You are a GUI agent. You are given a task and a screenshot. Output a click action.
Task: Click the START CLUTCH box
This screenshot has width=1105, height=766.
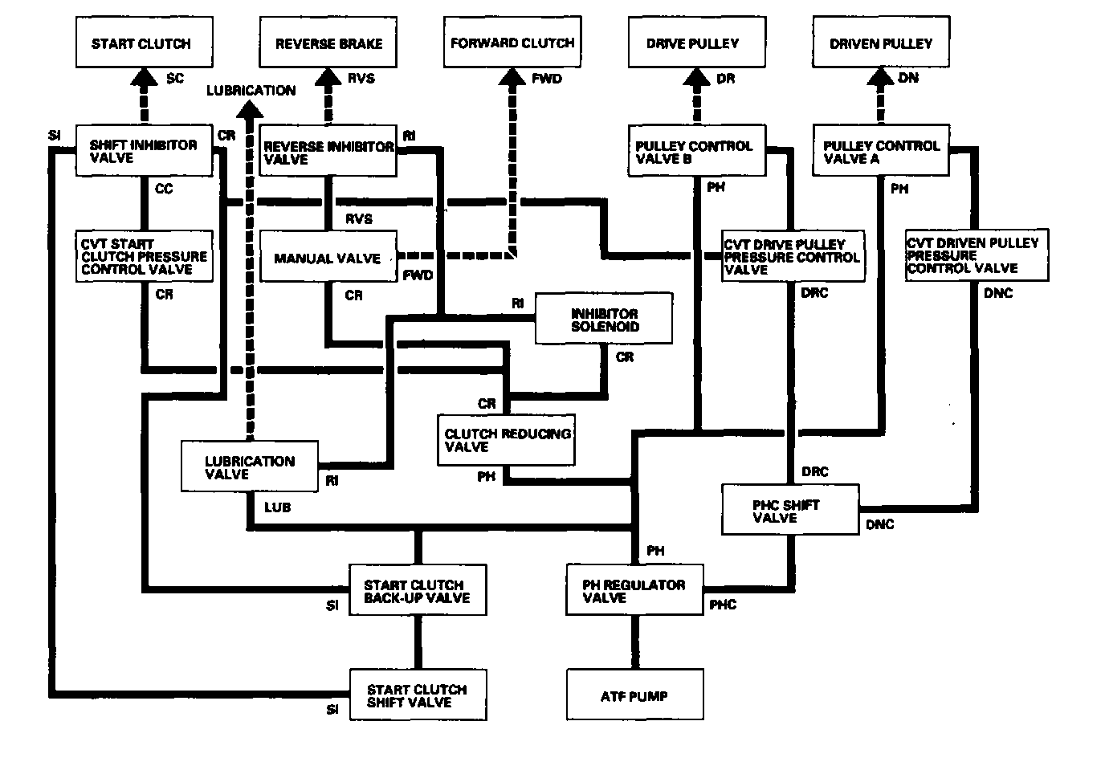(x=144, y=42)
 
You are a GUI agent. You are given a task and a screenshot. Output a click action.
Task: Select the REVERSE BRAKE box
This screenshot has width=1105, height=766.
(x=328, y=42)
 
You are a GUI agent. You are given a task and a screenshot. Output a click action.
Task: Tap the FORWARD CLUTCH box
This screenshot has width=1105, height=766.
(x=512, y=42)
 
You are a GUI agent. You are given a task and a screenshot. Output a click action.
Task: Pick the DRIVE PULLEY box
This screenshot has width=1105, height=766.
(x=696, y=42)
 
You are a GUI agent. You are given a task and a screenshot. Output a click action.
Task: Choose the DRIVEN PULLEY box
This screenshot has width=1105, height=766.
(x=881, y=42)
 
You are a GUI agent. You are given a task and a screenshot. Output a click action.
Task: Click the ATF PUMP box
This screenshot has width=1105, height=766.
(x=635, y=695)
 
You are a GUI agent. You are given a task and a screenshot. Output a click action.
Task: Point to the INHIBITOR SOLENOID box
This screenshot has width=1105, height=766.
(x=604, y=318)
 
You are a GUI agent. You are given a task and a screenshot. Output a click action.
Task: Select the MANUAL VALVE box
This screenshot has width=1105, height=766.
(x=328, y=256)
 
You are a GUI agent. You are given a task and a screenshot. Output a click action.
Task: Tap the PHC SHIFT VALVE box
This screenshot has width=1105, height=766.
(x=790, y=510)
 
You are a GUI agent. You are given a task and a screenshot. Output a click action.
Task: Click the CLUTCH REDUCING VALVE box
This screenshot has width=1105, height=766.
(x=506, y=440)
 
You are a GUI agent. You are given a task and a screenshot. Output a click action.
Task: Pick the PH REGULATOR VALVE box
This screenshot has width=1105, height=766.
(x=635, y=590)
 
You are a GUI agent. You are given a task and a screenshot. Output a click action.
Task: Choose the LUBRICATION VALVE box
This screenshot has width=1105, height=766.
(x=250, y=467)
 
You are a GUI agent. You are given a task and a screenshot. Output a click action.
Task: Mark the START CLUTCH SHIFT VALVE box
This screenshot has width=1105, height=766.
(x=418, y=695)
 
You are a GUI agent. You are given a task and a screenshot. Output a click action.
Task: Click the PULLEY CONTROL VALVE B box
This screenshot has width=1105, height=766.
(x=696, y=150)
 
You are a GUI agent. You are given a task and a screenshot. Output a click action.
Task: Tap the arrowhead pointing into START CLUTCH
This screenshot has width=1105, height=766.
(x=144, y=77)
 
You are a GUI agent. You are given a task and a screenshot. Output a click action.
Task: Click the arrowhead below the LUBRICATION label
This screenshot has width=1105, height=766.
(x=250, y=109)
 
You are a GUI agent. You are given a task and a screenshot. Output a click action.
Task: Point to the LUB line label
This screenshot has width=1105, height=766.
(x=277, y=507)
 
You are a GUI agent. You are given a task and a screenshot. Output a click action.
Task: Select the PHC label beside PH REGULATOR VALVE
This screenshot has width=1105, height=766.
(x=723, y=605)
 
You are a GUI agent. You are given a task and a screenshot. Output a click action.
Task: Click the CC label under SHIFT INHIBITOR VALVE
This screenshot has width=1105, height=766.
(x=164, y=189)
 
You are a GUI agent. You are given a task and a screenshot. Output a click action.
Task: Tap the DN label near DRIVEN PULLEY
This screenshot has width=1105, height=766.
(x=908, y=78)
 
